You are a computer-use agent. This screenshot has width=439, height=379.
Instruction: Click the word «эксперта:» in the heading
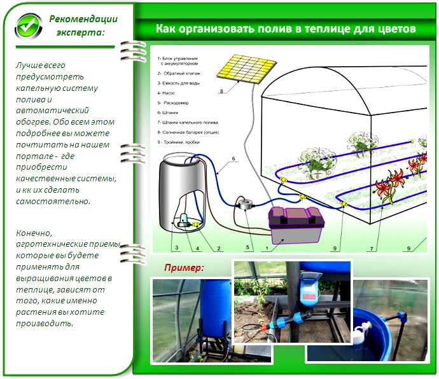(80, 32)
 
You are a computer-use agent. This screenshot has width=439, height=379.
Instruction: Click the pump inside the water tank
(184, 220)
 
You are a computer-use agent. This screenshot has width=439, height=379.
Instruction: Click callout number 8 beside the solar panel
(221, 92)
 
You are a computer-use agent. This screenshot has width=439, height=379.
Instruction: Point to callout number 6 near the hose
(233, 158)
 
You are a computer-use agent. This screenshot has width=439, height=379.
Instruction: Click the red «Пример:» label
(184, 267)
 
